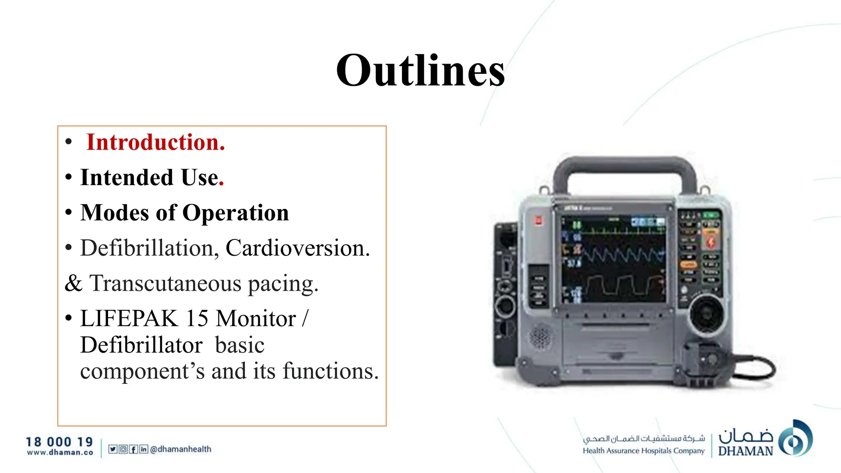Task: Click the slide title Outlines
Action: [420, 71]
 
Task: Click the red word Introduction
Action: [155, 142]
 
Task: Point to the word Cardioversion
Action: [297, 248]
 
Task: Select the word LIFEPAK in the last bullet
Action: [129, 319]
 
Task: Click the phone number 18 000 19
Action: [60, 442]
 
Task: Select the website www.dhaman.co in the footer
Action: [60, 452]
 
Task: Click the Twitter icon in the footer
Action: [113, 449]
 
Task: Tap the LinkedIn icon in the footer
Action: [143, 449]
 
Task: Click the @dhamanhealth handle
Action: [181, 449]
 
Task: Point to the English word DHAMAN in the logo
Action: [745, 451]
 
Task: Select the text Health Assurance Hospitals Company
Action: [643, 451]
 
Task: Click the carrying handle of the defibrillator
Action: [624, 168]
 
